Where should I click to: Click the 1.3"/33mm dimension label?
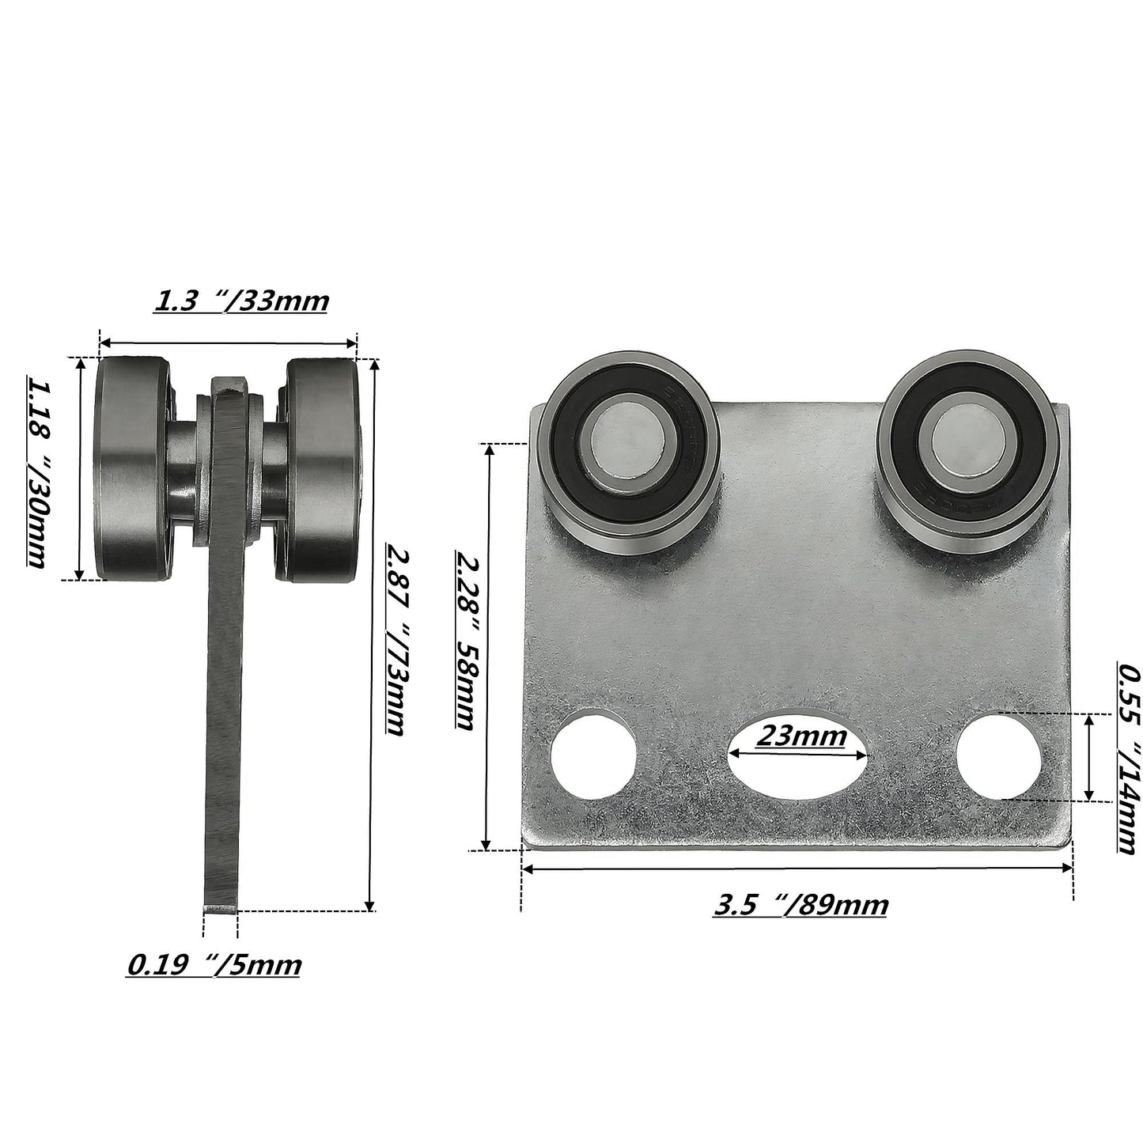(240, 301)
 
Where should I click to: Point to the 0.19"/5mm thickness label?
(214, 965)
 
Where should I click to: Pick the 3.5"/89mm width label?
(800, 904)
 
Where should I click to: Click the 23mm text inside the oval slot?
(800, 736)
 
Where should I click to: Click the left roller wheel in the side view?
(131, 470)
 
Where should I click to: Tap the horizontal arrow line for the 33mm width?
(228, 343)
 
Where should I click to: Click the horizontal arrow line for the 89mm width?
(797, 869)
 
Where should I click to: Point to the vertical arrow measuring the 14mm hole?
(1090, 757)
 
